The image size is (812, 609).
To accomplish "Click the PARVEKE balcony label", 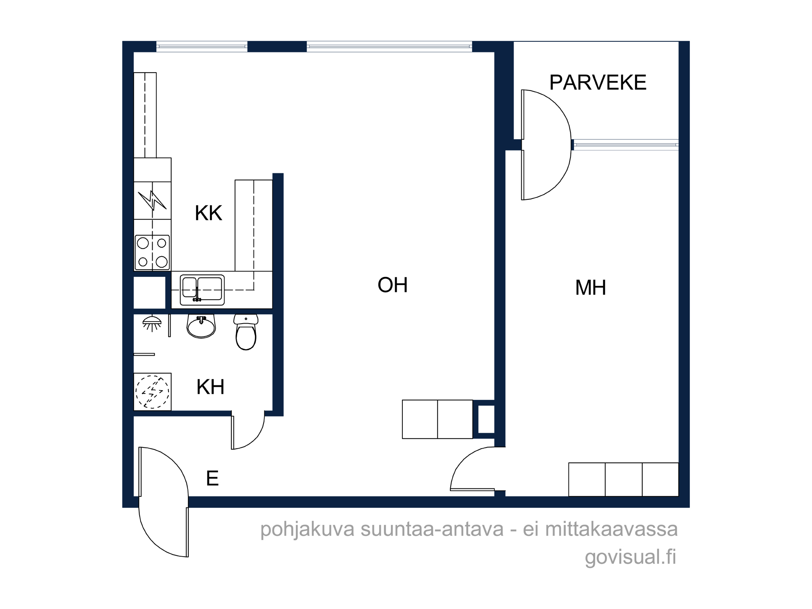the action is [x=598, y=82].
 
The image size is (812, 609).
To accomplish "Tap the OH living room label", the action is [x=393, y=285].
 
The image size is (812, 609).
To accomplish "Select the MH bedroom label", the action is [x=591, y=287].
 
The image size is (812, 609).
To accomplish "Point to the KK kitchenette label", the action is [x=208, y=213].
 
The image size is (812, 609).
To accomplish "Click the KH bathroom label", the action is [x=210, y=387].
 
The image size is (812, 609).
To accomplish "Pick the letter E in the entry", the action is [x=212, y=478].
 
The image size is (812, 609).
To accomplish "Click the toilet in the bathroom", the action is [x=246, y=332].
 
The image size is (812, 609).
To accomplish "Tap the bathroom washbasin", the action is [x=201, y=326].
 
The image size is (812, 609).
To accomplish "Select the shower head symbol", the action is [x=152, y=323].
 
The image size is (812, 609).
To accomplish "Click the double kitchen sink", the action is [x=202, y=290].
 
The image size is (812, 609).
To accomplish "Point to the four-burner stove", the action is [x=152, y=253].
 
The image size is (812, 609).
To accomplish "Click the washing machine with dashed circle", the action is [x=152, y=392].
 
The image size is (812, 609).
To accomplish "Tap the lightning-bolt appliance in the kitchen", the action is [x=152, y=201].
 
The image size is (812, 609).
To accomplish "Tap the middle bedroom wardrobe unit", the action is [x=624, y=479].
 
